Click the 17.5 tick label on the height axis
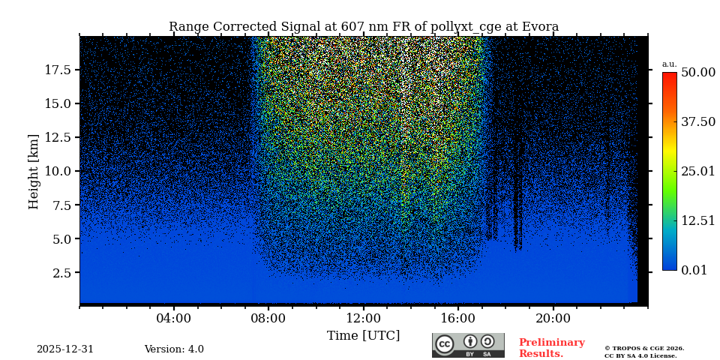[x=58, y=70]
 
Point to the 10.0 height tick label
[x=58, y=171]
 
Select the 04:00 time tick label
[x=174, y=319]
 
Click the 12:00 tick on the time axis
[x=364, y=319]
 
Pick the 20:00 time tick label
[x=553, y=319]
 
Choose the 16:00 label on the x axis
[x=458, y=319]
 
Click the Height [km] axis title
[x=34, y=171]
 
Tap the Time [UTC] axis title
[x=364, y=335]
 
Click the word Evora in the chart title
[x=538, y=27]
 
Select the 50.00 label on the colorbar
[x=697, y=73]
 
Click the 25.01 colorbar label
[x=697, y=172]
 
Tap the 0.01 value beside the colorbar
[x=694, y=270]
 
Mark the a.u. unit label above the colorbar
[x=669, y=64]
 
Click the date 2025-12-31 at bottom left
[x=65, y=349]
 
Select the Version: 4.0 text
[x=174, y=349]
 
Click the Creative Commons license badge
[x=468, y=345]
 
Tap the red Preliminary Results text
[x=551, y=348]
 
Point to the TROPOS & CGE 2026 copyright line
[x=644, y=349]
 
